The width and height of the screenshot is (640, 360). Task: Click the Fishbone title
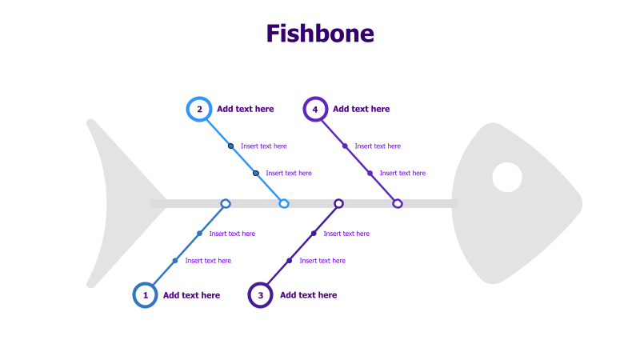click(x=320, y=34)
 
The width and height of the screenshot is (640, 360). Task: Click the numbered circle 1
click(x=145, y=295)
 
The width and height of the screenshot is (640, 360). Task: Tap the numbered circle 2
click(x=198, y=109)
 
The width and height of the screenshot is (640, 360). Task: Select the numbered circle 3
click(x=260, y=295)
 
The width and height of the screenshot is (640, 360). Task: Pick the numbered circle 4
click(x=315, y=109)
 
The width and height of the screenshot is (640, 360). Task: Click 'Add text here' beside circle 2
click(x=245, y=109)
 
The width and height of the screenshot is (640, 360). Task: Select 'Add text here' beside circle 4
click(x=361, y=109)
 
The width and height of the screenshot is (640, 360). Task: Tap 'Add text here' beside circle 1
click(x=191, y=295)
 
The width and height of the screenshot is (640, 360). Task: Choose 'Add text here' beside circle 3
click(x=308, y=295)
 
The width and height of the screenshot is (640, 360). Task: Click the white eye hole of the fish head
click(x=507, y=177)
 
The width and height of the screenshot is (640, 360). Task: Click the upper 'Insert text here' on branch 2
click(x=263, y=146)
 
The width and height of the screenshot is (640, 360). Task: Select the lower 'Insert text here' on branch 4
click(x=402, y=173)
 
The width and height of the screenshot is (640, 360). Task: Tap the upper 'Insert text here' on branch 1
click(x=232, y=234)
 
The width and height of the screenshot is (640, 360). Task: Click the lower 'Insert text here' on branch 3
click(x=322, y=261)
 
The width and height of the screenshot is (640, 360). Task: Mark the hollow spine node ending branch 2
click(x=284, y=204)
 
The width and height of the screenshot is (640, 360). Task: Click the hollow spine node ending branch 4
click(x=398, y=204)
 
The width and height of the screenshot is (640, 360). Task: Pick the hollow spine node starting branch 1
click(x=226, y=204)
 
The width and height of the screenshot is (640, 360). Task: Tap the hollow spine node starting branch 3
click(x=339, y=204)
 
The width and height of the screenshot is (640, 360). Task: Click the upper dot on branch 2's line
click(x=230, y=146)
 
